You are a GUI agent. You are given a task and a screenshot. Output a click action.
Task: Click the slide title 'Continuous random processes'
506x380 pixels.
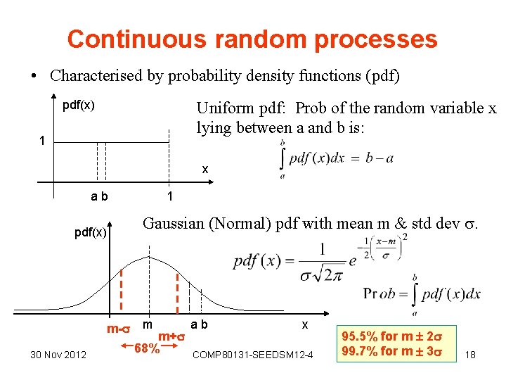tap(252, 39)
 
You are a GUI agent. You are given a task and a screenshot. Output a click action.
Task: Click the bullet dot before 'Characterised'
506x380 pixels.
tap(43, 75)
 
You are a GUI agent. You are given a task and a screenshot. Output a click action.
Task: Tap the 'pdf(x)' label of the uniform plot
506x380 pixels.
tap(79, 106)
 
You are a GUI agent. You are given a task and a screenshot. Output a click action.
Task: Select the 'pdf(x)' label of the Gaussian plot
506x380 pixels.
tap(91, 232)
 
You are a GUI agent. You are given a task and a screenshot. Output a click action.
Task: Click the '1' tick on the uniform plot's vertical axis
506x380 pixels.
tap(43, 141)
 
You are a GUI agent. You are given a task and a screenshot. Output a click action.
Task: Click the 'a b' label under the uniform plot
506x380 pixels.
tap(99, 196)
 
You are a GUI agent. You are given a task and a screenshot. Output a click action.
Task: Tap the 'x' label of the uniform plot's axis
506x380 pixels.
tap(205, 169)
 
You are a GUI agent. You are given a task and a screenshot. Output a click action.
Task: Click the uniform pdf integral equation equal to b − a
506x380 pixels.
tap(336, 159)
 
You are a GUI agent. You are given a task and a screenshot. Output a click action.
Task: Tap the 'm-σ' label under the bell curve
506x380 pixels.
tap(117, 329)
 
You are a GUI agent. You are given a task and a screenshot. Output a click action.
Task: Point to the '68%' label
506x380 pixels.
tap(147, 349)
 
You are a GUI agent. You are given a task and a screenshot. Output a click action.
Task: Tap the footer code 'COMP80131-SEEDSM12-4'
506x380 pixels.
tap(252, 354)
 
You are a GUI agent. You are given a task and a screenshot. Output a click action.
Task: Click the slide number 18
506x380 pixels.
tap(470, 355)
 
